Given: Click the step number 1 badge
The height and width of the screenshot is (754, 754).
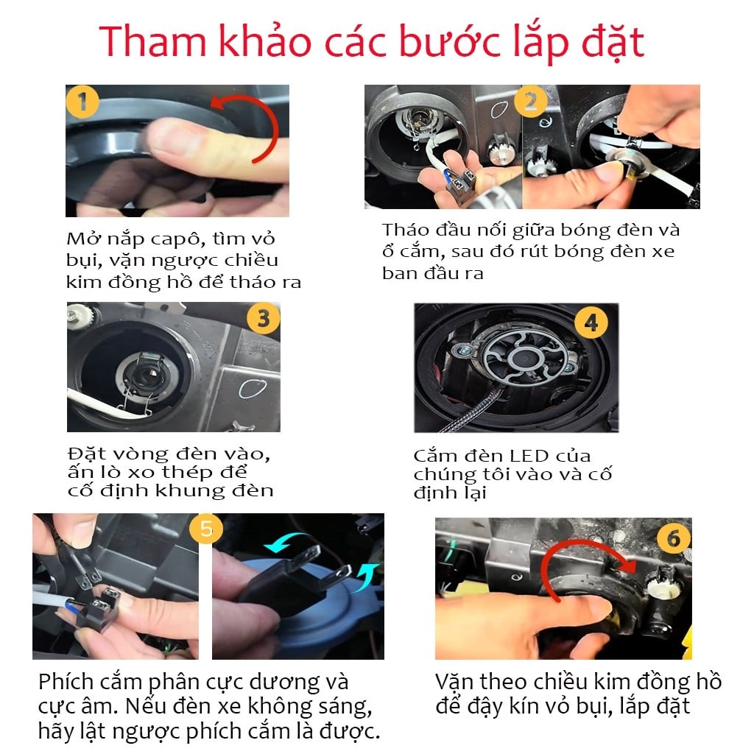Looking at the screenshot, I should click(x=82, y=102).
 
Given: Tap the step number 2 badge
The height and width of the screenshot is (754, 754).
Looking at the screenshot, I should click(x=530, y=102).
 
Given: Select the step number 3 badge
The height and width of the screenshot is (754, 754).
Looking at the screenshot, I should click(x=263, y=320).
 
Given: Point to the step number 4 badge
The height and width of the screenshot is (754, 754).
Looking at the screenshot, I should click(x=590, y=322).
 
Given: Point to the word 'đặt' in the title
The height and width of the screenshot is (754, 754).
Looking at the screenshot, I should click(x=608, y=43).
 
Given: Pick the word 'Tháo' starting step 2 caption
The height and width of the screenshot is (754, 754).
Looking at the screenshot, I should click(x=406, y=230).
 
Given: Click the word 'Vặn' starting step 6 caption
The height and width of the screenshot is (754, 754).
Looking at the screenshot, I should click(x=455, y=681).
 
